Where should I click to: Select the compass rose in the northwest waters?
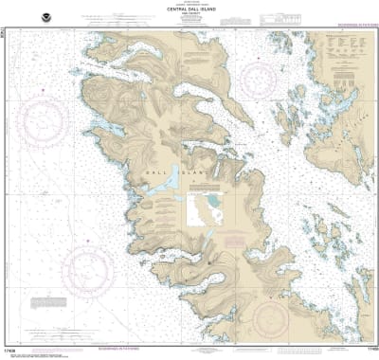coord(45,125)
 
